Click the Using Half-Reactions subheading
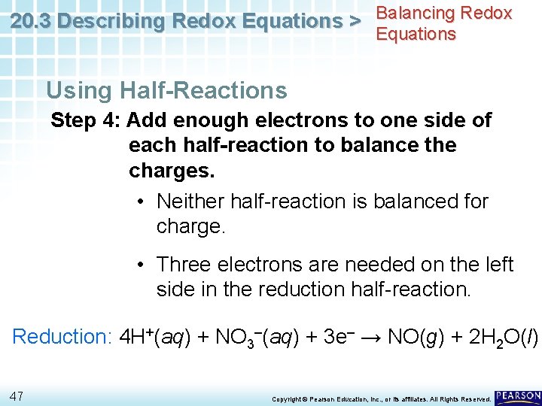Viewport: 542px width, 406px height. tap(166, 91)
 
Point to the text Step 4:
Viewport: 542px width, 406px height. tap(85, 120)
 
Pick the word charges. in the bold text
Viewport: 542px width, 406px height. tap(172, 170)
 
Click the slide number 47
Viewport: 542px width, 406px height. tap(18, 395)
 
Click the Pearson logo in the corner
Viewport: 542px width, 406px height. tap(518, 395)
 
